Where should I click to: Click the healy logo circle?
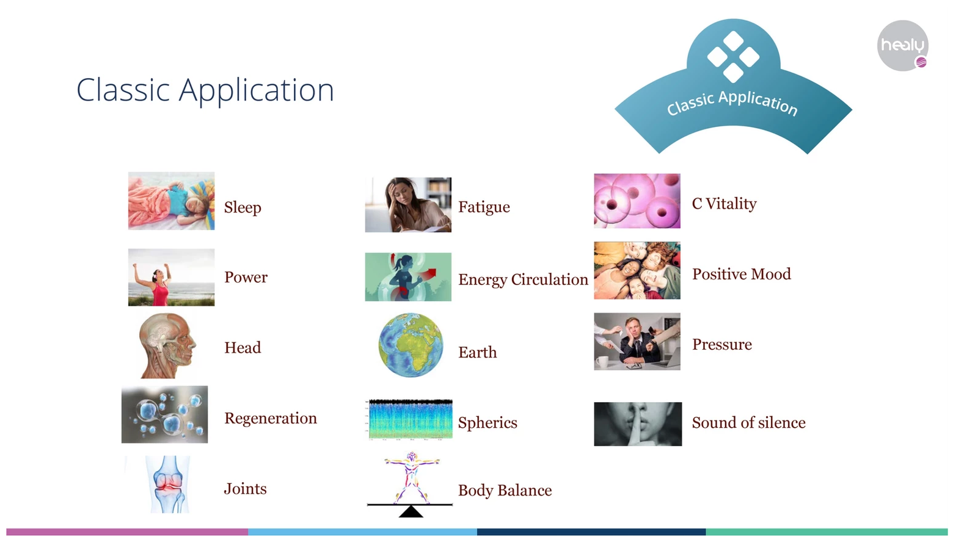point(902,46)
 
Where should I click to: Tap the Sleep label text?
point(243,207)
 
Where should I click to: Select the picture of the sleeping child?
point(172,201)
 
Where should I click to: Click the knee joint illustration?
point(169,485)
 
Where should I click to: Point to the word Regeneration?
point(271,419)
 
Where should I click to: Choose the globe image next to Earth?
point(411,345)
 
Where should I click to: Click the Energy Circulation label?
point(523,279)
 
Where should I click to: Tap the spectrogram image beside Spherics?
point(409,419)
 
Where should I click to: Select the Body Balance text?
point(505,490)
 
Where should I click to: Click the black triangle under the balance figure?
point(411,512)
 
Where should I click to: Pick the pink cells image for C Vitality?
point(637,201)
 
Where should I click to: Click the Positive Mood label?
point(741,274)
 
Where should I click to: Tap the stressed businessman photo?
point(637,341)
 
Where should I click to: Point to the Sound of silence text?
point(748,422)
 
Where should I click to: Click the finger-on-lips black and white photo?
point(638,424)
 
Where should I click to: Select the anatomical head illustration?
point(167,345)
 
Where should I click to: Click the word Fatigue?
point(484,207)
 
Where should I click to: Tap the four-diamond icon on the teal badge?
point(733,57)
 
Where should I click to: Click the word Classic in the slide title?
point(123,90)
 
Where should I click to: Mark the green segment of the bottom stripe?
point(827,532)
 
